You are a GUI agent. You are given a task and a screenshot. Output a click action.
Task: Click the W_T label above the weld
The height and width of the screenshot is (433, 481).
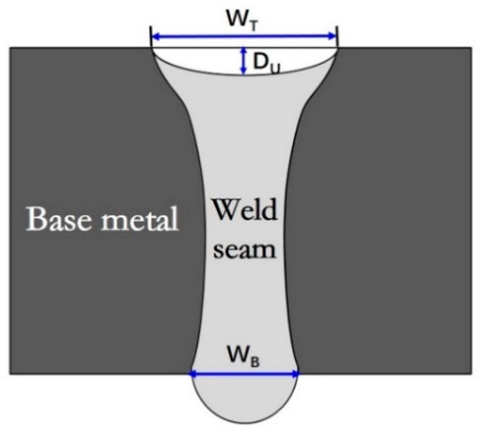coord(244,15)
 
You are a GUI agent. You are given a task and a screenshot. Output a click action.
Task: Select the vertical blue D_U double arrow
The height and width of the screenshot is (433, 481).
coord(242,60)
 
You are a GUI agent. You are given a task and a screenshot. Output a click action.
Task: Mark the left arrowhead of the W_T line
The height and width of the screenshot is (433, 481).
coord(155,37)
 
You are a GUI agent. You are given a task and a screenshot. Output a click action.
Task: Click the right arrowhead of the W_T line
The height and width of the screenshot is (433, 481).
coord(333,37)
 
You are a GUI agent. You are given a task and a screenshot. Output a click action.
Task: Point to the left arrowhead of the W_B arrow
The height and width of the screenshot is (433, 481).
coord(194,375)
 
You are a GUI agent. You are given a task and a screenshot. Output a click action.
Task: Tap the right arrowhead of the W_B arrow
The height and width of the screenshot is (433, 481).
coord(295,375)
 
